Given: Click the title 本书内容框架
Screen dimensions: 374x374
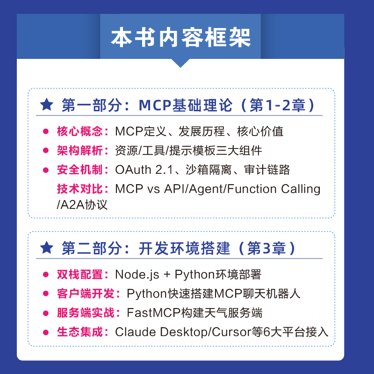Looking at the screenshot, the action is pyautogui.click(x=180, y=37).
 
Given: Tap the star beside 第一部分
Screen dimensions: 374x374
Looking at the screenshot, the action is pyautogui.click(x=46, y=104).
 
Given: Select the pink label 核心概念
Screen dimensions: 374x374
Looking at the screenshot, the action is pyautogui.click(x=79, y=131).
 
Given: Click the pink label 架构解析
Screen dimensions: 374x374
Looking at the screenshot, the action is pyautogui.click(x=79, y=151).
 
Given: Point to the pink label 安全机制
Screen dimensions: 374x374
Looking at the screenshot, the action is pyautogui.click(x=79, y=170).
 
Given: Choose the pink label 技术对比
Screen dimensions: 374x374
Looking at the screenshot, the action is pyautogui.click(x=79, y=189).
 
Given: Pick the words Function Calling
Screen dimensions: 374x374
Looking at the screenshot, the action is pyautogui.click(x=273, y=189).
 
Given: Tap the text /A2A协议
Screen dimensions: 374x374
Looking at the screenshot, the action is pyautogui.click(x=82, y=205).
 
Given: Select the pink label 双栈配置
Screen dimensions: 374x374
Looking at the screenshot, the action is pyautogui.click(x=79, y=274).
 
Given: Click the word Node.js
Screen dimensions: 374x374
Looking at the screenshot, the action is pyautogui.click(x=137, y=275).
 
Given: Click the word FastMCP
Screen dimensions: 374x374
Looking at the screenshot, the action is pyautogui.click(x=153, y=313).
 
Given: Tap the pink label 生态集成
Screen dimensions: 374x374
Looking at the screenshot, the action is pyautogui.click(x=79, y=332).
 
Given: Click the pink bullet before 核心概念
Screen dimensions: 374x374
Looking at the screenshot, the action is pyautogui.click(x=46, y=131).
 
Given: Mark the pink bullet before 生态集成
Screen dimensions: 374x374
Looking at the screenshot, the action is pyautogui.click(x=46, y=332).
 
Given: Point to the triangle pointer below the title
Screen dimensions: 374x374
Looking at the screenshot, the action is pyautogui.click(x=180, y=63).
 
